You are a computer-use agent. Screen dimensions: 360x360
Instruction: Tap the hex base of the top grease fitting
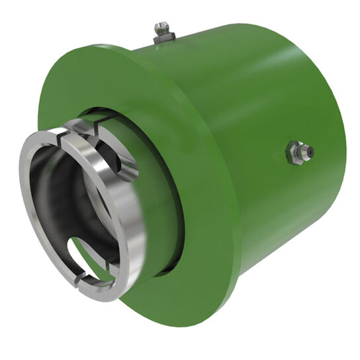(x=163, y=38)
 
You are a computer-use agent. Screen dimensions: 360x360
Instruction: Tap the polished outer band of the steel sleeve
(x=132, y=218)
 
